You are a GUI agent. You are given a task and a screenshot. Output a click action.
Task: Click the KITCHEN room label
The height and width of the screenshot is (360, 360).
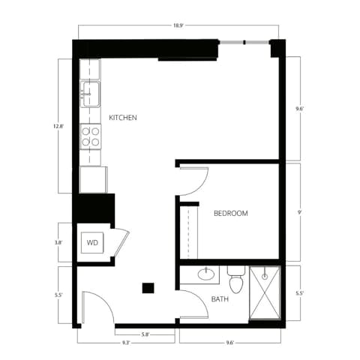[x=122, y=118]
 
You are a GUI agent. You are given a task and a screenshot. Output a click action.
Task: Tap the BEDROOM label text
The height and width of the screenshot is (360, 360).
[x=230, y=214]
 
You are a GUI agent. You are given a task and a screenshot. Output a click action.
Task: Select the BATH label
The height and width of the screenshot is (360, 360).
[x=220, y=299]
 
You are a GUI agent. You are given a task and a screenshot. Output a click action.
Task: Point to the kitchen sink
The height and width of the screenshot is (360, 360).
[x=91, y=93]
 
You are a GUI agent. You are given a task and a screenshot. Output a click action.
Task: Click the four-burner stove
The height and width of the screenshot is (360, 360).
[x=91, y=136]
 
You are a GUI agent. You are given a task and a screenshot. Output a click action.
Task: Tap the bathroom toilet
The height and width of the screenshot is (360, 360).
[x=236, y=281]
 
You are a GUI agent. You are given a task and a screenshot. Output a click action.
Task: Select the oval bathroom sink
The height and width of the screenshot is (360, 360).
[x=206, y=274]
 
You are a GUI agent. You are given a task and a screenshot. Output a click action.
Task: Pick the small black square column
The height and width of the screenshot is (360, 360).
[x=148, y=286]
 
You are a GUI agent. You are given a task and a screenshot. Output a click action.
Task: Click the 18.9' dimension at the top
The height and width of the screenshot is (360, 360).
[x=179, y=25]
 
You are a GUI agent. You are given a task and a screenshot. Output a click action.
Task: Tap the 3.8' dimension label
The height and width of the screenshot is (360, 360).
[x=59, y=243]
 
